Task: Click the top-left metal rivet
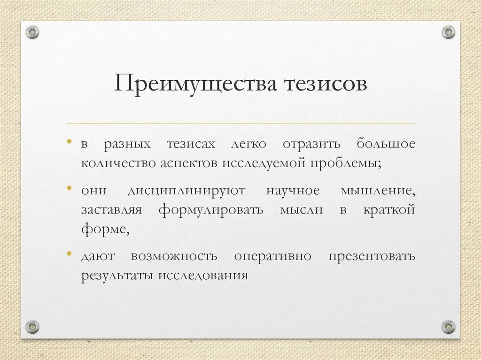coord(32,32)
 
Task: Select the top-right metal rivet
coord(449,32)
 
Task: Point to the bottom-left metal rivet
coord(32,326)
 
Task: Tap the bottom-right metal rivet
coord(449,326)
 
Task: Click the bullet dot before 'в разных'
coord(70,140)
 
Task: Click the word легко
coord(248,145)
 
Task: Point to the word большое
coord(386,144)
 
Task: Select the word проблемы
coord(345,163)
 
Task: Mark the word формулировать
coord(211,210)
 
